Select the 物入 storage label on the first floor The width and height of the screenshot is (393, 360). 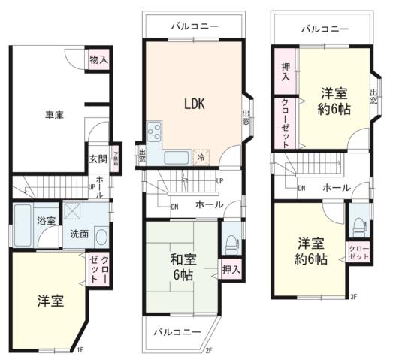[98, 59]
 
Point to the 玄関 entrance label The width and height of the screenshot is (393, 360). [98, 159]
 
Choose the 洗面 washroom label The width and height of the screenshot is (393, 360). [80, 234]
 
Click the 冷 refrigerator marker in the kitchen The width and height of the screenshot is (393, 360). [201, 158]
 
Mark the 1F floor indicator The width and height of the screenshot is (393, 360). [80, 349]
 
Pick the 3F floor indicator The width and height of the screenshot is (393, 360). [352, 298]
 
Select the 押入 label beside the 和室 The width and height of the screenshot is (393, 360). [231, 269]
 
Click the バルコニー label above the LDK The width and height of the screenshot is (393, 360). [194, 26]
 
